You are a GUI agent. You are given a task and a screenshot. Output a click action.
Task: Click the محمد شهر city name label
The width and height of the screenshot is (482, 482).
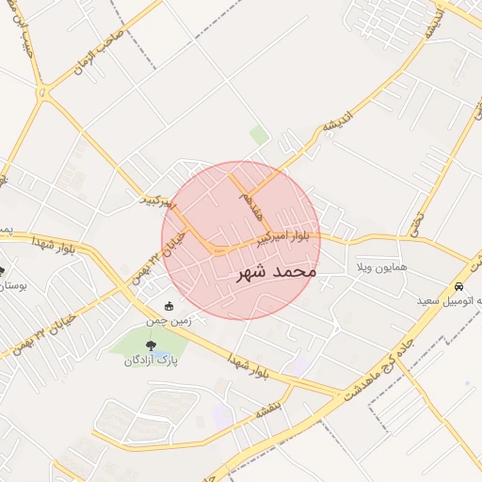click(x=273, y=272)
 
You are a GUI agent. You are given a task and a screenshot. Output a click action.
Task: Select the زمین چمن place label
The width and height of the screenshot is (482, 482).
click(x=169, y=320)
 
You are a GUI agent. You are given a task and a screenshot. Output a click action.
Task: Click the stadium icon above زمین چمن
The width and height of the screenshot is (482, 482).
click(x=169, y=306)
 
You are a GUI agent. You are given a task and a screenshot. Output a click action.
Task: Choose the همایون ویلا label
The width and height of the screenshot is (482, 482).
click(x=380, y=268)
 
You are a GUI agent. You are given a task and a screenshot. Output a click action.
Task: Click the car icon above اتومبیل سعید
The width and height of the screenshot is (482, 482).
click(x=458, y=287)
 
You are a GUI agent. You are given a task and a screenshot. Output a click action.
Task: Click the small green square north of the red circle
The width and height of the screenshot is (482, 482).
click(x=259, y=136)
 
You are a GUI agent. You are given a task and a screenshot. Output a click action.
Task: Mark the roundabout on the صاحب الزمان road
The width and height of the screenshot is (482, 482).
click(x=41, y=92)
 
